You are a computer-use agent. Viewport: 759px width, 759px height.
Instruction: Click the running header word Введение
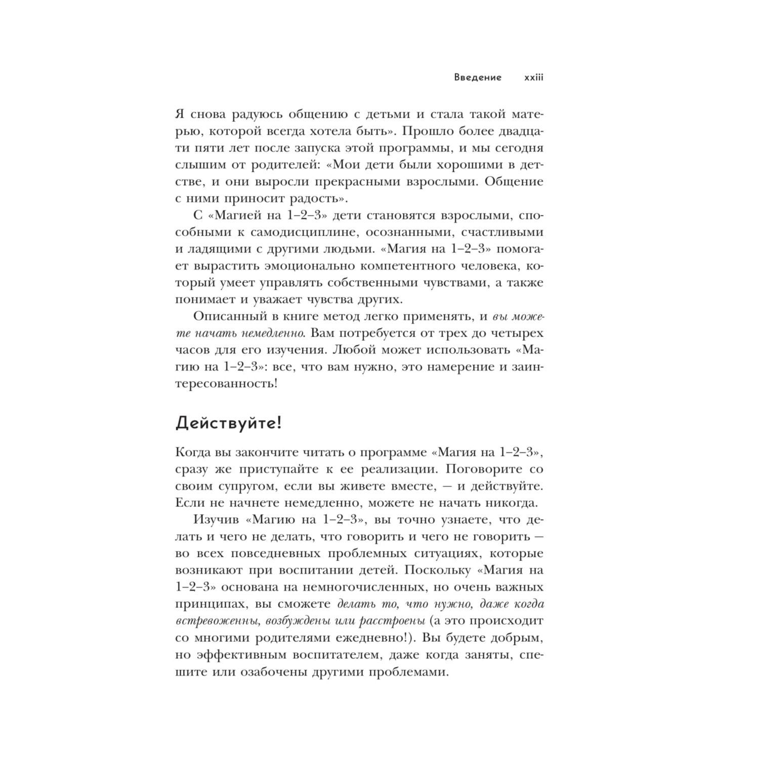tap(478, 77)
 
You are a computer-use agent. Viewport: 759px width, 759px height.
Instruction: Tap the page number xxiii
tap(533, 77)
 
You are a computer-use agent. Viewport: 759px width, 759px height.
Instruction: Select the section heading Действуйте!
tap(228, 423)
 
